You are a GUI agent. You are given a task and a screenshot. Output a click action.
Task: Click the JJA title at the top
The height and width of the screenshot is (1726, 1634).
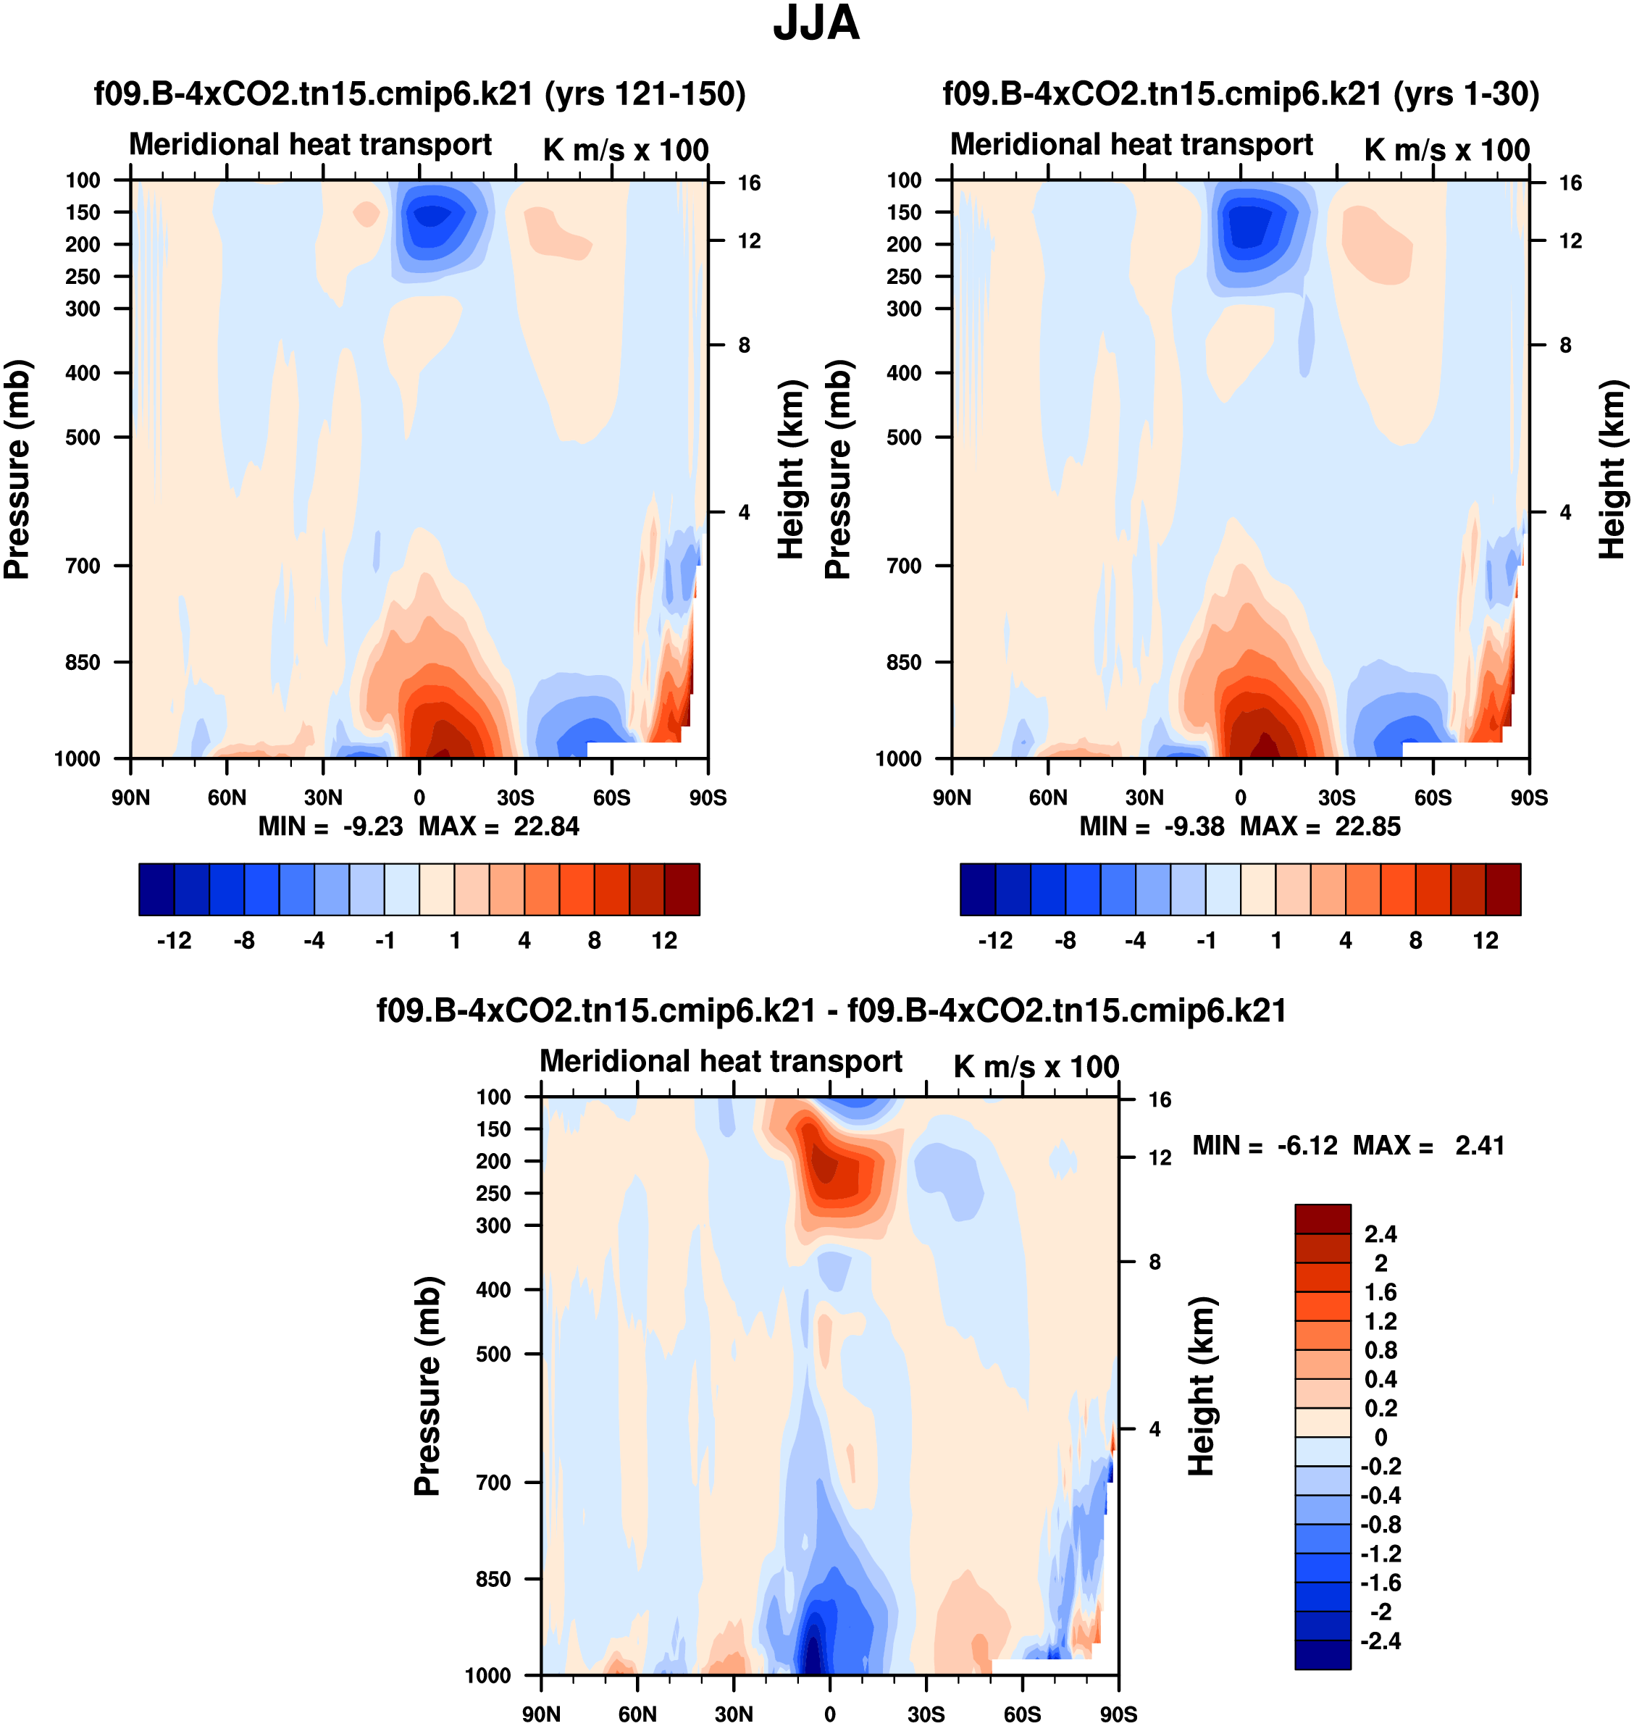coord(816,25)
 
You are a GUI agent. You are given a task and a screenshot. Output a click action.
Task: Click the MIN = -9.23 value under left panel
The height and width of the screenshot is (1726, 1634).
coord(331,826)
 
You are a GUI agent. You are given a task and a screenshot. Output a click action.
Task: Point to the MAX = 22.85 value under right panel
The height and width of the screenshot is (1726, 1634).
coord(1320,826)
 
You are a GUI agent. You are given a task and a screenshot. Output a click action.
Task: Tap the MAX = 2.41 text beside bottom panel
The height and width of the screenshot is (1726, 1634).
coord(1428,1146)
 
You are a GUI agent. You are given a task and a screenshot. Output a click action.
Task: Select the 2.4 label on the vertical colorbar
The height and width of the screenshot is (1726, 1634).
coord(1380,1234)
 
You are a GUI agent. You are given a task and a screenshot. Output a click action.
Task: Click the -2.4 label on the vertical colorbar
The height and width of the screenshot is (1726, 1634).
coord(1380,1641)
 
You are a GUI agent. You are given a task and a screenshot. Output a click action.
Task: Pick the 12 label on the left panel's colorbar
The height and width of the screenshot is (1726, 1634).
coord(663,941)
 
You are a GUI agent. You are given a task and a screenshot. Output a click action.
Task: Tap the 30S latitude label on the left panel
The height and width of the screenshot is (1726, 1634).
coord(516,797)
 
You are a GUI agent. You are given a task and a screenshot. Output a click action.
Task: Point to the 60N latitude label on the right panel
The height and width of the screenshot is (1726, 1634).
coord(1048,797)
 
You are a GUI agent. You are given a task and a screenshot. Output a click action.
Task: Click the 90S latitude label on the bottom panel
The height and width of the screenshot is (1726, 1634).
coord(1118,1714)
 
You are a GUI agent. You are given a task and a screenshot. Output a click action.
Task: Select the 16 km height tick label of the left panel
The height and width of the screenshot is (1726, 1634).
coord(749,183)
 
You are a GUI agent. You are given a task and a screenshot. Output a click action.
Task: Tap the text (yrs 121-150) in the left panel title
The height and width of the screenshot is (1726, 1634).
coord(645,94)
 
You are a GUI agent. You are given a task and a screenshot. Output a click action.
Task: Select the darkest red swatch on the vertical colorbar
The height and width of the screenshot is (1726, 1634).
coord(1322,1219)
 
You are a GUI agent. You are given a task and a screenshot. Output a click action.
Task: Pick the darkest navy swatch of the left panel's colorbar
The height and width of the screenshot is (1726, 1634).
coord(156,889)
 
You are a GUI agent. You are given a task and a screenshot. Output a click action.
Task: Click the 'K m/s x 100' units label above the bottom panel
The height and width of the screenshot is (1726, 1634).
coord(1036,1067)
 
